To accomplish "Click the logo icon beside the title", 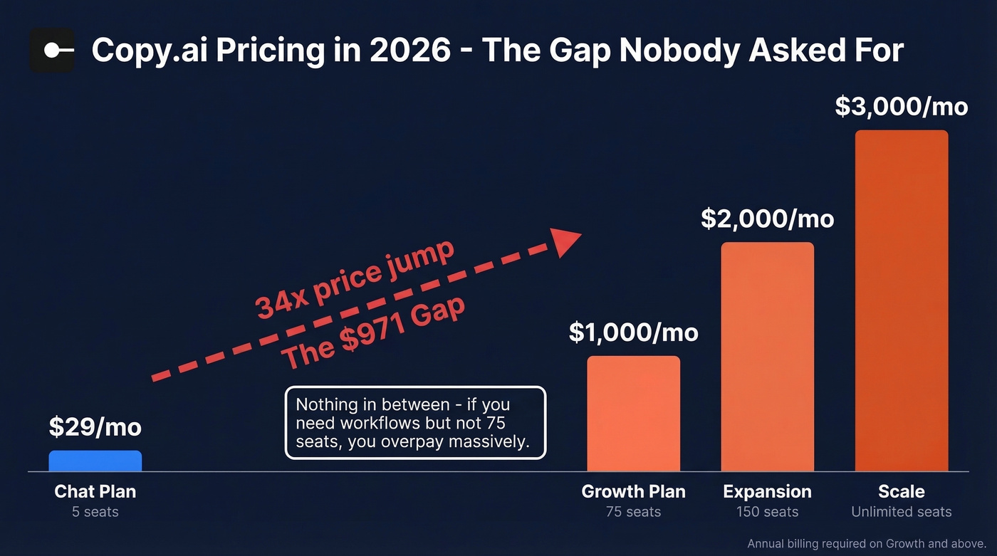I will pos(52,50).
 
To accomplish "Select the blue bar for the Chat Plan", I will pos(95,461).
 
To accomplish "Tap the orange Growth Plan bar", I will pos(633,414).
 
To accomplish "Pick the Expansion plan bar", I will pos(767,357).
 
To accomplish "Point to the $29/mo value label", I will pos(95,426).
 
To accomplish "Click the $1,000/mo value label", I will pos(633,332).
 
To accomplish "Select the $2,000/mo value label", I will pos(767,219).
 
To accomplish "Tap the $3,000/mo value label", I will pos(901,106).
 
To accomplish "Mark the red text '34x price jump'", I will pos(354,280).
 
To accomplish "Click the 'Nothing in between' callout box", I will pos(415,423).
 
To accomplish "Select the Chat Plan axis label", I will pos(95,491).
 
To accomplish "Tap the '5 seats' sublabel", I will pos(95,512).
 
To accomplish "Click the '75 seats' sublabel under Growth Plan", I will pos(633,512).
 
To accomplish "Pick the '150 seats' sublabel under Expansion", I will pos(767,512).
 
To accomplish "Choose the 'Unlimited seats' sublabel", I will pos(901,512).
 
